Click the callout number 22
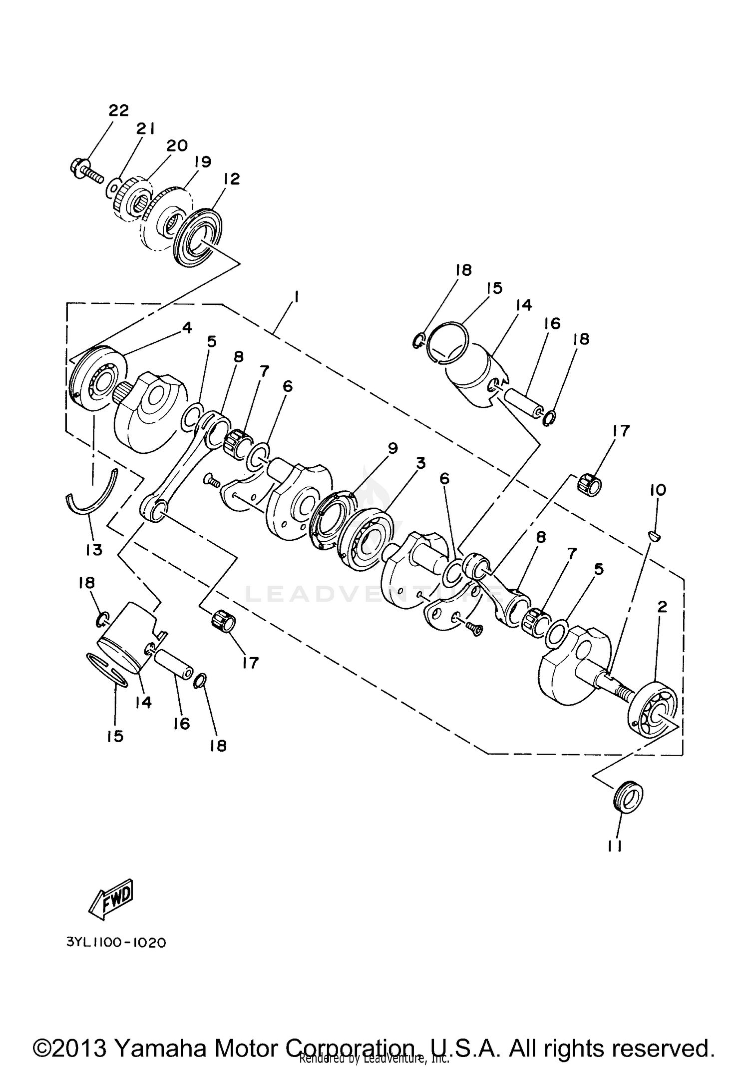point(119,110)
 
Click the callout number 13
point(94,550)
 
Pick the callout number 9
point(392,448)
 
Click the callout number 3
point(420,463)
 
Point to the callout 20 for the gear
point(177,145)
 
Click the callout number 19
point(203,161)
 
